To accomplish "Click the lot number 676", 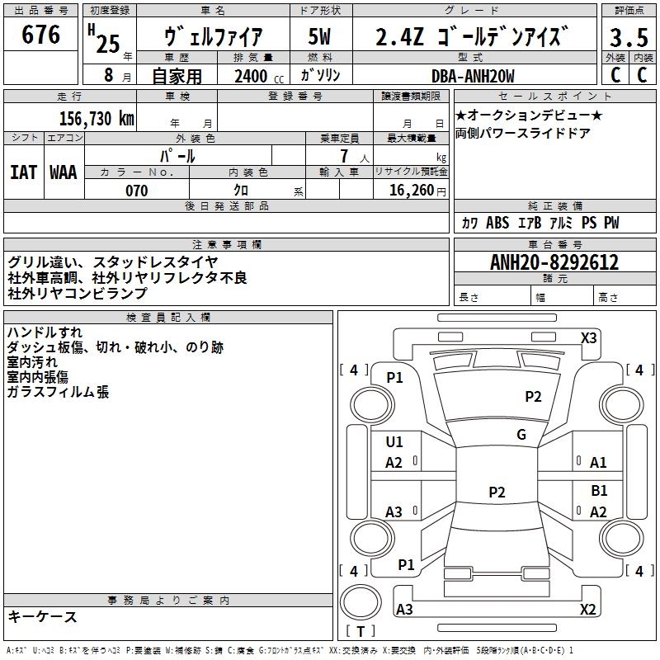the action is [x=40, y=34].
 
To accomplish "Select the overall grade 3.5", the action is [x=629, y=37].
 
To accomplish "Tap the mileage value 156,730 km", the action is [x=97, y=118].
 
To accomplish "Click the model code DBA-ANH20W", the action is [x=473, y=76].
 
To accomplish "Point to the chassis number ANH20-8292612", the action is [x=554, y=262].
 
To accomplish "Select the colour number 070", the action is [x=137, y=191].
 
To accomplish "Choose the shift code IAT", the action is [x=24, y=172].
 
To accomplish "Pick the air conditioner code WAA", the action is [x=64, y=172].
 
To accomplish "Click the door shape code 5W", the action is [x=320, y=36].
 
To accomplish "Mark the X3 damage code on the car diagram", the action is [x=588, y=338].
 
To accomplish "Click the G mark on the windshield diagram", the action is [x=521, y=434].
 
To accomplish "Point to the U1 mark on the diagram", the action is [x=394, y=441].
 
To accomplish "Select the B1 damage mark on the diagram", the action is [x=599, y=490].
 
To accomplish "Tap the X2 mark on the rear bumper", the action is [x=587, y=609].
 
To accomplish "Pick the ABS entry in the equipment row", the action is [x=497, y=222].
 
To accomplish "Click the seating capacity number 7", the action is [x=344, y=156].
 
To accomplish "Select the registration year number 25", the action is [x=108, y=44].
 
